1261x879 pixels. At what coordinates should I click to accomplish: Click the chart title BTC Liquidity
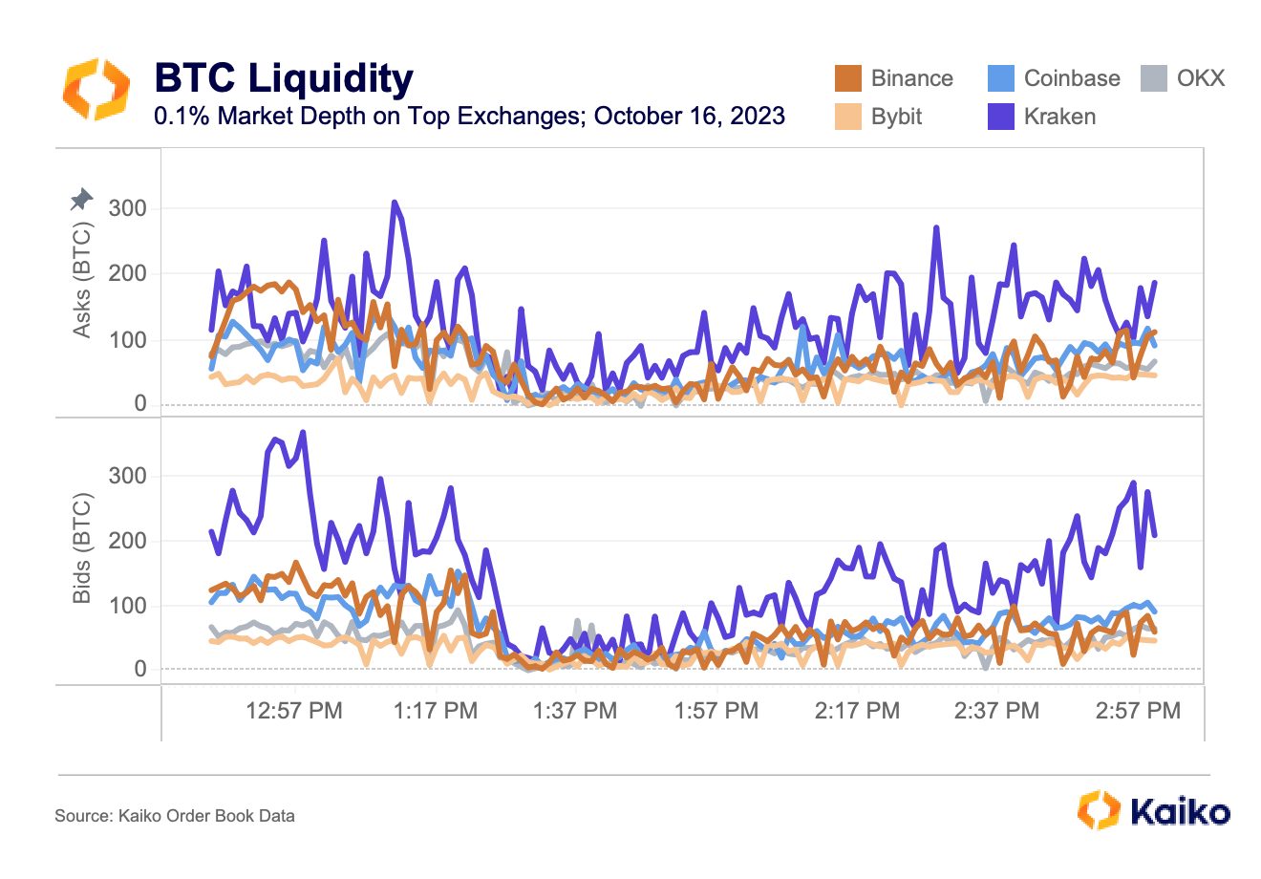pyautogui.click(x=284, y=77)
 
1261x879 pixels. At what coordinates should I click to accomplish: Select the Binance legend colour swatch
pyautogui.click(x=847, y=78)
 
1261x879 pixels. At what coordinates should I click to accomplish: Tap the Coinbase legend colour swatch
pyautogui.click(x=1001, y=78)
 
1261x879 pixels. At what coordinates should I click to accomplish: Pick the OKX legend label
pyautogui.click(x=1200, y=78)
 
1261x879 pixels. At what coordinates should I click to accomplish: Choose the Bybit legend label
pyautogui.click(x=896, y=117)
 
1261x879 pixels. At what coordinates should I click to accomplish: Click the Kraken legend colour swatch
pyautogui.click(x=1001, y=117)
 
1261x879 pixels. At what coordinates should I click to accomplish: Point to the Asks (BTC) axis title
pyautogui.click(x=82, y=280)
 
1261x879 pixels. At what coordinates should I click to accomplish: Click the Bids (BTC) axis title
pyautogui.click(x=82, y=547)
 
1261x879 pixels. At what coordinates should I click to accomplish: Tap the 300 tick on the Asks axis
pyautogui.click(x=128, y=208)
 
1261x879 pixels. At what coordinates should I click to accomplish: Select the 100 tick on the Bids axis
pyautogui.click(x=128, y=606)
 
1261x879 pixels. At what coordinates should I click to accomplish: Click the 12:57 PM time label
pyautogui.click(x=294, y=711)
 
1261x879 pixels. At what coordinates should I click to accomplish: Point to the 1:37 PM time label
pyautogui.click(x=575, y=711)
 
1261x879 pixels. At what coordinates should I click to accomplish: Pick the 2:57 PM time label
pyautogui.click(x=1138, y=711)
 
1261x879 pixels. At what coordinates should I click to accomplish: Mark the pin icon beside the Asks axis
pyautogui.click(x=81, y=199)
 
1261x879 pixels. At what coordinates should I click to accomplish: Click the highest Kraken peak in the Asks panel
pyautogui.click(x=394, y=203)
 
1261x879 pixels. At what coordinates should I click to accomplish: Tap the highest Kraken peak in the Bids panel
pyautogui.click(x=303, y=433)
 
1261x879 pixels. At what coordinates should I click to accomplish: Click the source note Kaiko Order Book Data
pyautogui.click(x=206, y=816)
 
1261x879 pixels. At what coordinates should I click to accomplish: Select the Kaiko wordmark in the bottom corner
pyautogui.click(x=1180, y=812)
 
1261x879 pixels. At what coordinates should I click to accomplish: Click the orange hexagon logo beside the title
pyautogui.click(x=96, y=89)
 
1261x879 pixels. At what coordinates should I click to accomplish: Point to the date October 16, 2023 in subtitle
pyautogui.click(x=689, y=116)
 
